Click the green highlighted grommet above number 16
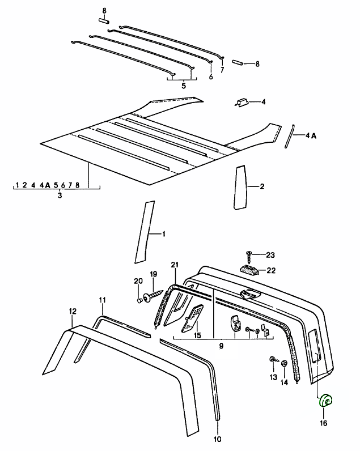click(x=326, y=401)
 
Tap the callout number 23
click(x=270, y=255)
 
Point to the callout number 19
click(x=153, y=274)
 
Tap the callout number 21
click(x=175, y=265)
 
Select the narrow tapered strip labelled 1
click(x=145, y=232)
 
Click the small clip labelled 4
click(x=241, y=103)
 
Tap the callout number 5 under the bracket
click(x=184, y=86)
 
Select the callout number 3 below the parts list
click(x=60, y=195)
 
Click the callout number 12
click(x=73, y=310)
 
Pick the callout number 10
click(x=218, y=439)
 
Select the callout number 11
click(x=102, y=299)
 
